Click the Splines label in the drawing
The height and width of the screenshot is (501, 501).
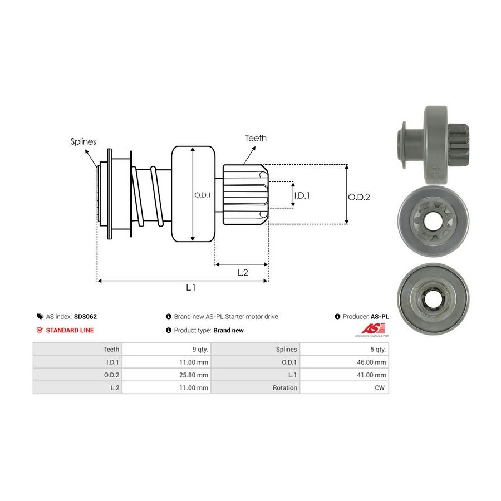point(83,141)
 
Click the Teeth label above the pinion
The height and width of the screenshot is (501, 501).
point(256,138)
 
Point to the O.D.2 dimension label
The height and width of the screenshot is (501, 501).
point(359,197)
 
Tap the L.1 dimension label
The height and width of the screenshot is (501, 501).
point(190,287)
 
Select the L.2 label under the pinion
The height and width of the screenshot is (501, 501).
point(243,272)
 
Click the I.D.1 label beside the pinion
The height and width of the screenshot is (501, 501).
point(302,195)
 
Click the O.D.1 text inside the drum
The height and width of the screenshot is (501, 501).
point(202,195)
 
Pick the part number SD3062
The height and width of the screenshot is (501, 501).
point(85,316)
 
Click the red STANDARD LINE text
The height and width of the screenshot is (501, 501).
point(70,330)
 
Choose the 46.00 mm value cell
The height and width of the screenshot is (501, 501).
point(372,362)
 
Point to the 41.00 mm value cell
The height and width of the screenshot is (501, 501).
point(372,375)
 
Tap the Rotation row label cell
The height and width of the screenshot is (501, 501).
point(284,387)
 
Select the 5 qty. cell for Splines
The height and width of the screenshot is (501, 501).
point(376,349)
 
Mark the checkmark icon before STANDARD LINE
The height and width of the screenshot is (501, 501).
point(40,330)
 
